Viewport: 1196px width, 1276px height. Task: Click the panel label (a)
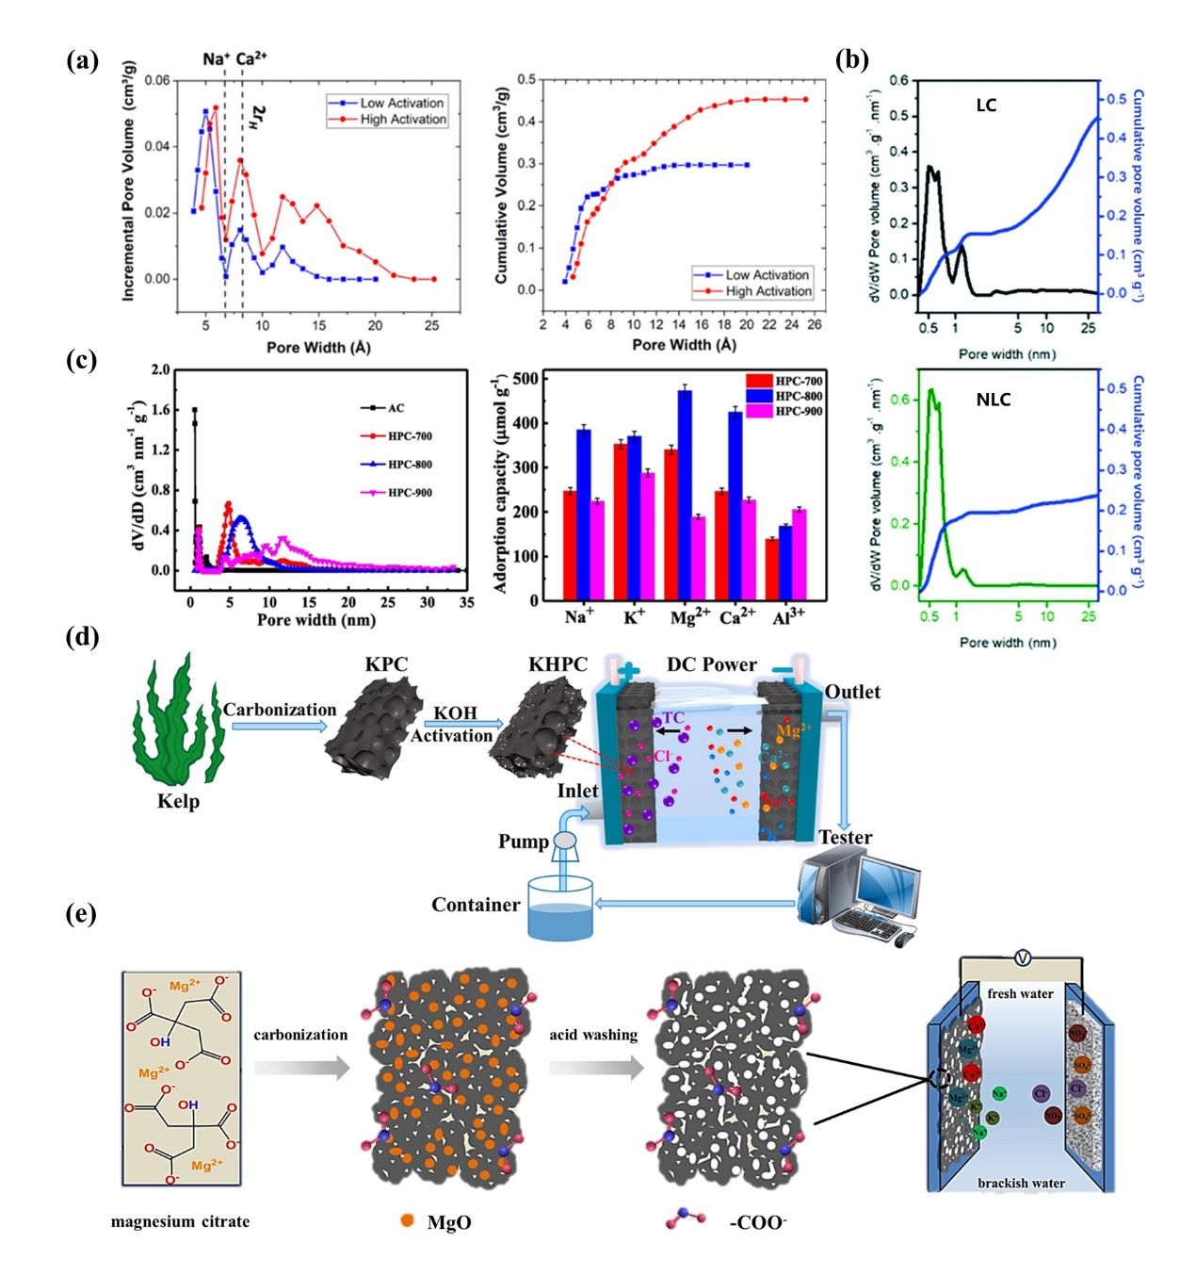coord(83,62)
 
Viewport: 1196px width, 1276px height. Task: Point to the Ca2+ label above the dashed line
coord(251,58)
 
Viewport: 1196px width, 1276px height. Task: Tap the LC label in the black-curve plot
coord(986,106)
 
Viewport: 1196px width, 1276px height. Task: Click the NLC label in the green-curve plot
coord(993,400)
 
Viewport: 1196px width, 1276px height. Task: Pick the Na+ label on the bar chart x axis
coord(578,617)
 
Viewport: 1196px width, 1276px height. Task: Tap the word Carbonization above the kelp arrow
coord(280,710)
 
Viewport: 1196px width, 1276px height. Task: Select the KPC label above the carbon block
coord(387,664)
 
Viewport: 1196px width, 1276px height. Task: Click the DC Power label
coord(711,664)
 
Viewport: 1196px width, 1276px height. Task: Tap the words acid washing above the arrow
coord(593,1035)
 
